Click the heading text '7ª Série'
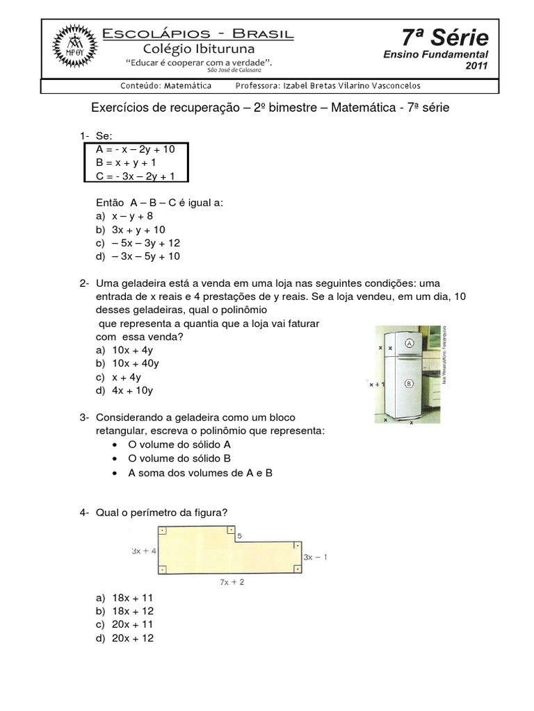pyautogui.click(x=445, y=37)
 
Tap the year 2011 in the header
pyautogui.click(x=477, y=66)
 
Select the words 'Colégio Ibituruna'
pyautogui.click(x=199, y=49)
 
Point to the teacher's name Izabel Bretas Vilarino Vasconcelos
pyautogui.click(x=327, y=86)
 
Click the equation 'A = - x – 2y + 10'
pyautogui.click(x=136, y=149)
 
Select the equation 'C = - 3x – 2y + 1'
pyautogui.click(x=136, y=176)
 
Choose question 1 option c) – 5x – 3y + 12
pyautogui.click(x=138, y=243)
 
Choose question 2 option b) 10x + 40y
pyautogui.click(x=129, y=363)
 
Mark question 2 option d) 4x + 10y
pyautogui.click(x=126, y=390)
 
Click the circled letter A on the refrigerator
pyautogui.click(x=409, y=343)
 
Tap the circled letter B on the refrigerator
pyautogui.click(x=409, y=383)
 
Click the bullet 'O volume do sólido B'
pyautogui.click(x=179, y=458)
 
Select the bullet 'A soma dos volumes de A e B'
pyautogui.click(x=200, y=473)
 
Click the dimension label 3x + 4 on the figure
pyautogui.click(x=144, y=551)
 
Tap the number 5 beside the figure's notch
pyautogui.click(x=240, y=536)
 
